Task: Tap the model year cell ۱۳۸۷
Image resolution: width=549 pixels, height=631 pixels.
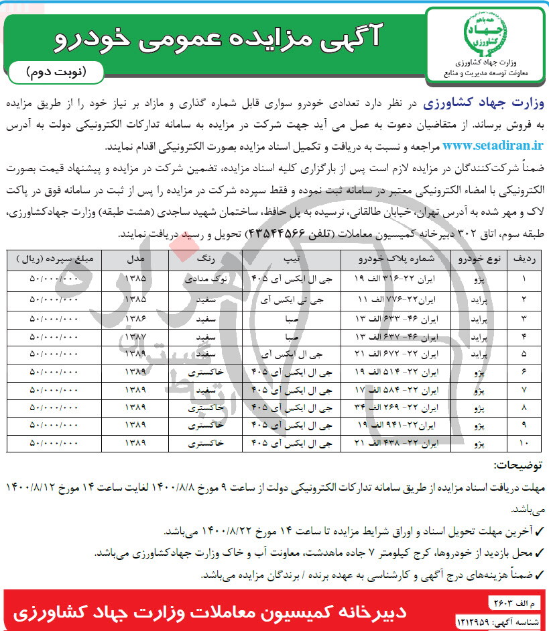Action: click(x=135, y=334)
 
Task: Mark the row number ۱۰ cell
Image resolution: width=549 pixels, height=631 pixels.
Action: click(x=524, y=443)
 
